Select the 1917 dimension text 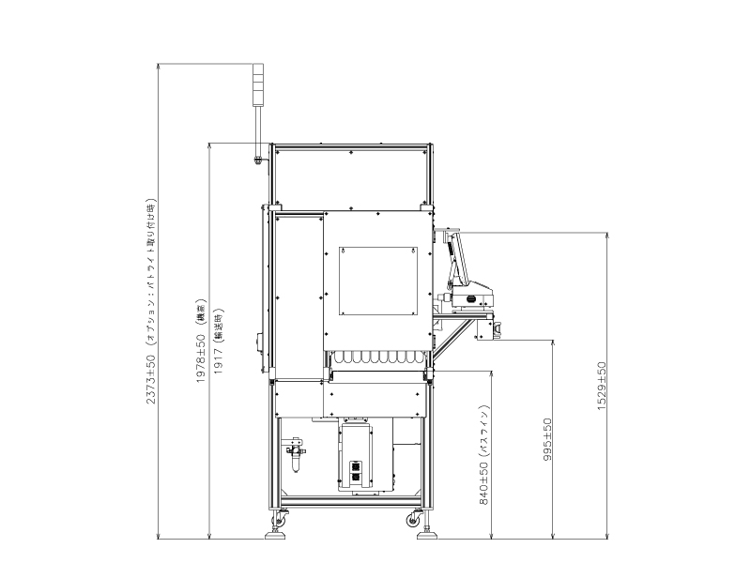pos(218,345)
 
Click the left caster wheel pos(281,521)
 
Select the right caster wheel pos(414,520)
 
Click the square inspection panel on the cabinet pos(377,280)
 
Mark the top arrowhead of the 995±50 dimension pos(553,342)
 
